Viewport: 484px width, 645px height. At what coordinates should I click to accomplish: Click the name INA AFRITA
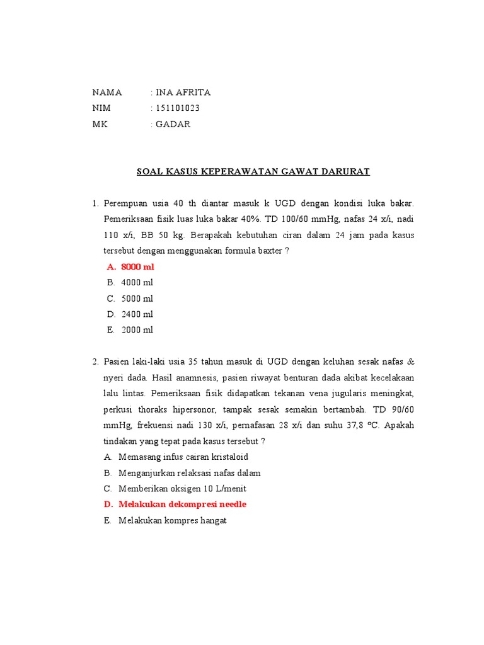pyautogui.click(x=183, y=93)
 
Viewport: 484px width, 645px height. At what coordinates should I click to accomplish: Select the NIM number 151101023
pyautogui.click(x=178, y=108)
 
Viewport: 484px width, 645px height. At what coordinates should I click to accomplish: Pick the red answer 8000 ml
pyautogui.click(x=137, y=267)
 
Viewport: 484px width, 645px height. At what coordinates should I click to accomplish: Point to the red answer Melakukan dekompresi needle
pyautogui.click(x=183, y=505)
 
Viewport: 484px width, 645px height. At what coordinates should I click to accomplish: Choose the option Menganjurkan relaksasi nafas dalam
pyautogui.click(x=189, y=473)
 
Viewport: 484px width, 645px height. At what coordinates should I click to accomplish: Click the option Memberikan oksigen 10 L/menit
pyautogui.click(x=182, y=489)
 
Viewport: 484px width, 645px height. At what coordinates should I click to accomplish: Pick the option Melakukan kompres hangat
pyautogui.click(x=172, y=521)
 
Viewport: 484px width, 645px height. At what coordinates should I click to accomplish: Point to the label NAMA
pyautogui.click(x=107, y=93)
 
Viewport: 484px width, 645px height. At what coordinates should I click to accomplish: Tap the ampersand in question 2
pyautogui.click(x=411, y=362)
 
